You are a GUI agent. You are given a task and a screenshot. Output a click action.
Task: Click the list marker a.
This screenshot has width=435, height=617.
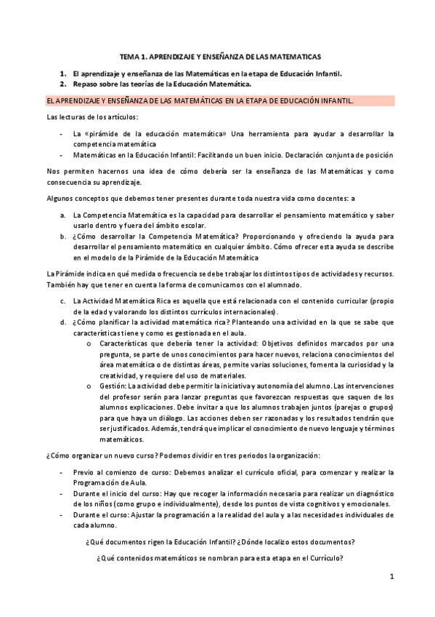62,215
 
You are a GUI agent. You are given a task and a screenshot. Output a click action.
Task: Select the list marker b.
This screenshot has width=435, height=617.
62,236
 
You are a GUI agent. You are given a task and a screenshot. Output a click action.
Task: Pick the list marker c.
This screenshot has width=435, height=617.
62,300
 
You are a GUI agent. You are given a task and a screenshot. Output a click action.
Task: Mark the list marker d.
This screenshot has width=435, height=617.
62,322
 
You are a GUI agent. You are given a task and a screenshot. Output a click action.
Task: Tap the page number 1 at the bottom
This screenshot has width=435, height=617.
391,577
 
